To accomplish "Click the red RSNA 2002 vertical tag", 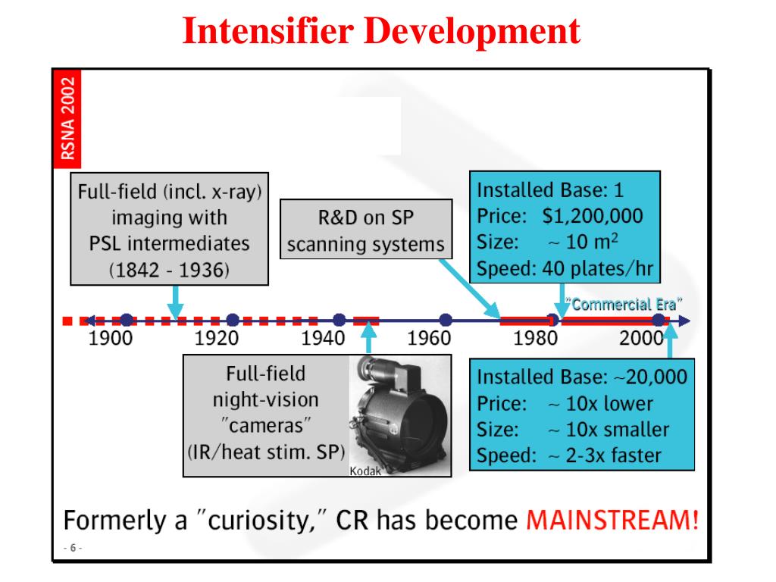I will (x=69, y=117).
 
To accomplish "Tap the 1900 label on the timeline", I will (x=111, y=339).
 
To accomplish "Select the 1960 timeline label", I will (x=429, y=339).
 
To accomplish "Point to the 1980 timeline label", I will (x=535, y=339).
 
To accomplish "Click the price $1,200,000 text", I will (x=592, y=216).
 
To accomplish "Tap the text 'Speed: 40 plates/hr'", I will (x=564, y=268).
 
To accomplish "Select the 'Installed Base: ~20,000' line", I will (x=581, y=377).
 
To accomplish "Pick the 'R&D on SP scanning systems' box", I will (x=365, y=231).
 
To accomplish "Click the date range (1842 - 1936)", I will (x=169, y=271).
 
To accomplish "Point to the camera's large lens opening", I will (x=408, y=425).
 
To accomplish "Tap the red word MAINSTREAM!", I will (x=612, y=521).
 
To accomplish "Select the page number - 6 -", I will (x=74, y=548).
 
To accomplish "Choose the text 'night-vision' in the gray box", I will (x=265, y=399).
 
